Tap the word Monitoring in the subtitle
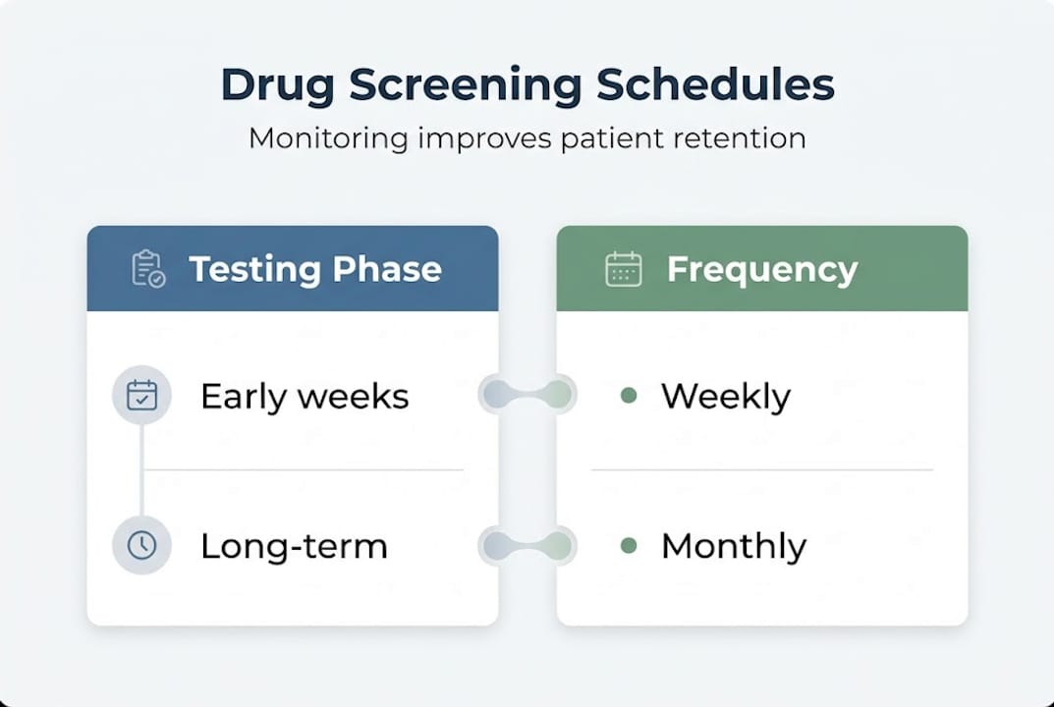click(328, 138)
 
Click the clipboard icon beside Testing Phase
click(148, 269)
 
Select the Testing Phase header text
click(314, 269)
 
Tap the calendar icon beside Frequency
click(624, 269)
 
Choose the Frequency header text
click(761, 269)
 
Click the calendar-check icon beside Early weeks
click(142, 396)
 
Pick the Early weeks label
click(305, 396)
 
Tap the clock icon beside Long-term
click(142, 546)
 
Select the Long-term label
click(294, 546)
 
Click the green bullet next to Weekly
click(629, 396)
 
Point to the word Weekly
click(725, 397)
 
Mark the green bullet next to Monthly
click(629, 546)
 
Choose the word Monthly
click(733, 546)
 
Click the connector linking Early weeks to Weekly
click(527, 395)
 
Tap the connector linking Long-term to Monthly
click(527, 546)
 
